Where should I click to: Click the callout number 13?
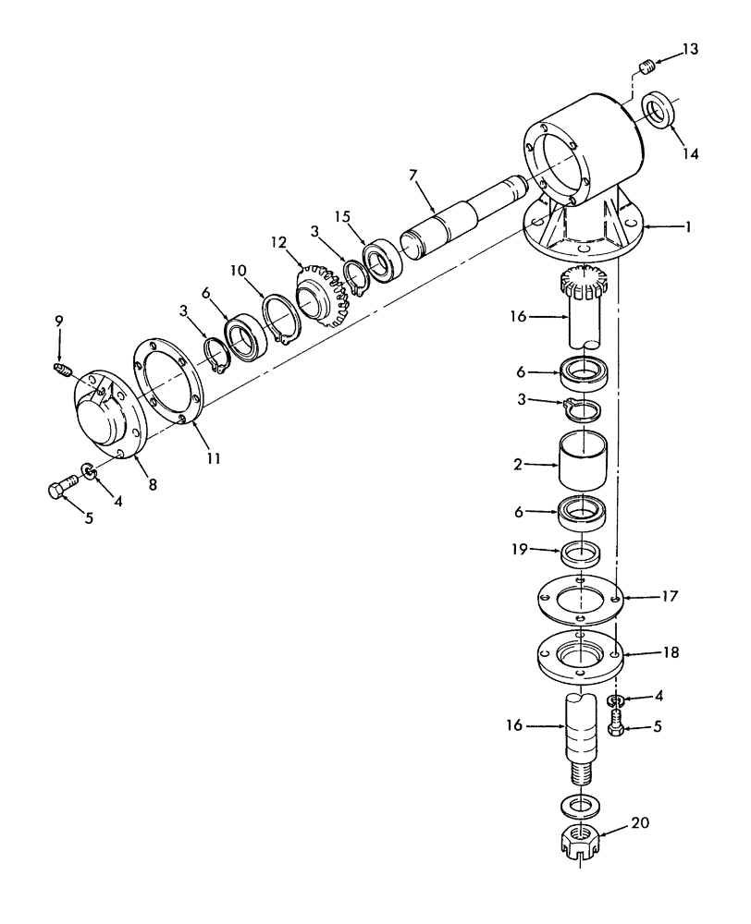(x=691, y=48)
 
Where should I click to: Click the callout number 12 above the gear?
(x=278, y=241)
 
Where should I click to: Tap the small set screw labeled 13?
(x=647, y=65)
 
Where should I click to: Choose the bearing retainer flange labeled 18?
(x=580, y=657)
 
